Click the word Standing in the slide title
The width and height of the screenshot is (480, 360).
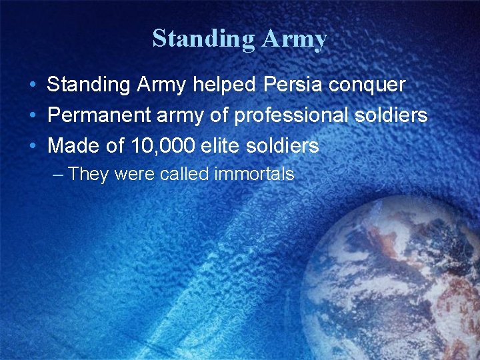[203, 39]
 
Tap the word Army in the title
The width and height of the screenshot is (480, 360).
[294, 39]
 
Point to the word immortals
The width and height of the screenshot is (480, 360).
[254, 175]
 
